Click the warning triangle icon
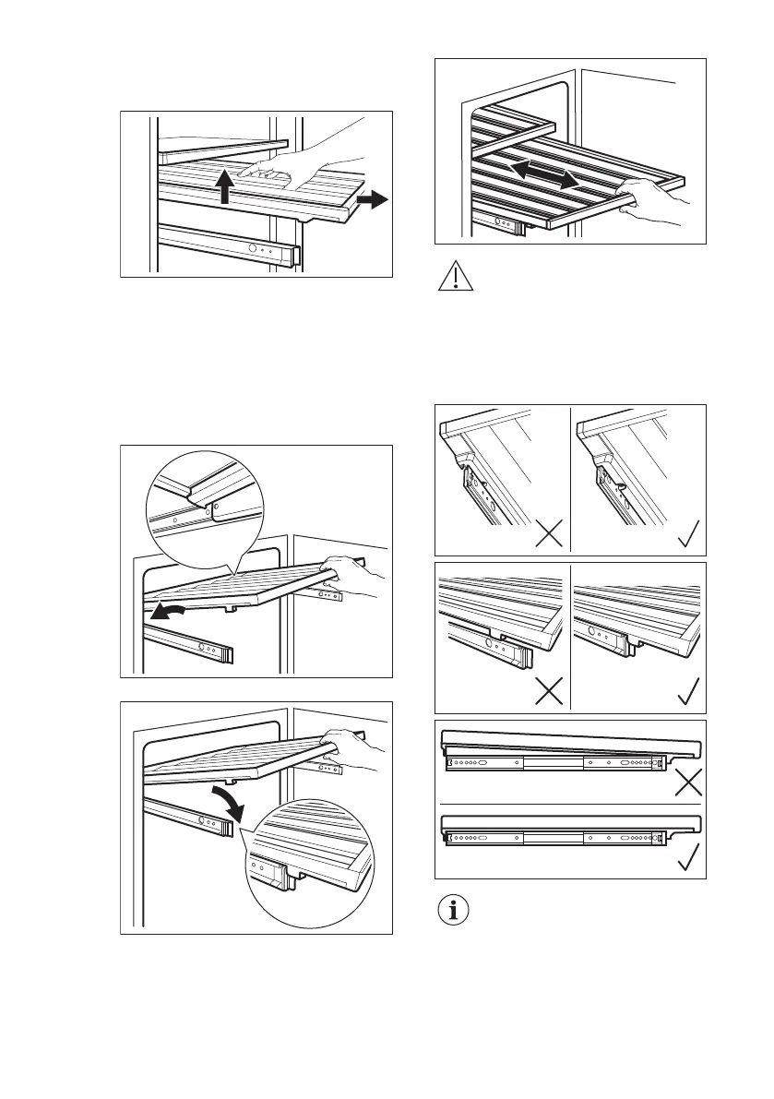tap(453, 277)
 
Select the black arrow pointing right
tap(373, 199)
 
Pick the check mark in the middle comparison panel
tap(685, 692)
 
